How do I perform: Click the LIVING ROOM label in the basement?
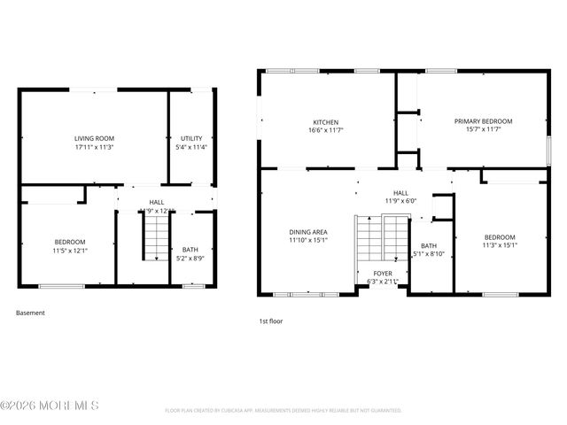pos(94,138)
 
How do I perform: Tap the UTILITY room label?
pos(191,138)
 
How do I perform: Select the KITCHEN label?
pos(325,122)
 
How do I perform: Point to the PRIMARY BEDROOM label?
pos(483,121)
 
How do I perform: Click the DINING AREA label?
pos(307,231)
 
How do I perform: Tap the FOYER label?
pos(383,274)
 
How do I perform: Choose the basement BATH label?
pos(190,250)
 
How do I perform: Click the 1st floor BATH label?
pos(429,245)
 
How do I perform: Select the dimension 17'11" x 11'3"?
pos(94,147)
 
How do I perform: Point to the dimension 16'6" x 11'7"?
pos(325,130)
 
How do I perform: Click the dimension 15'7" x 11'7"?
pos(483,130)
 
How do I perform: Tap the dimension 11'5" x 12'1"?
pos(69,251)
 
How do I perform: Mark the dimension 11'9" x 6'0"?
pos(400,201)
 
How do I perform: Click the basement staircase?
pos(156,237)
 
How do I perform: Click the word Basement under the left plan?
pos(30,313)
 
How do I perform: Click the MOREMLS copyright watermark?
pos(50,406)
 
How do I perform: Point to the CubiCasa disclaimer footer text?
pos(283,410)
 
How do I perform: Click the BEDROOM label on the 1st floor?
pos(500,237)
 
